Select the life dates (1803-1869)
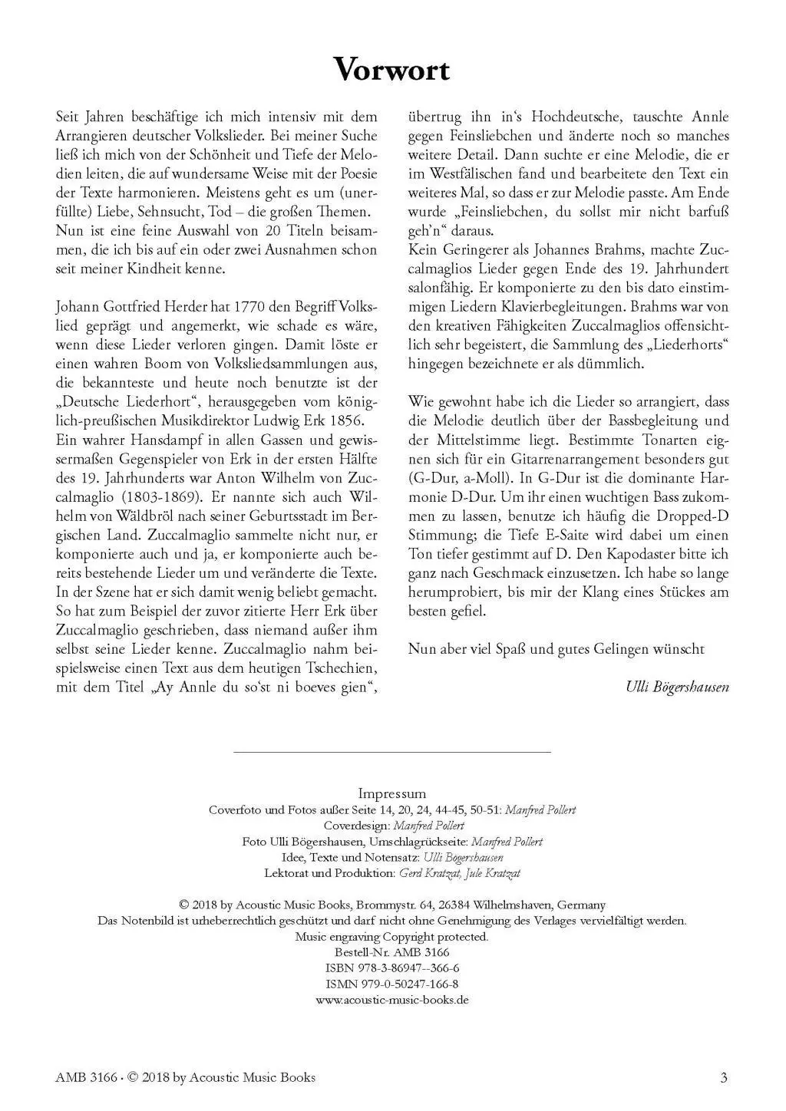point(156,496)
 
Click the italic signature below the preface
point(678,687)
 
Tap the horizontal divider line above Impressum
point(392,753)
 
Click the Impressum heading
point(392,793)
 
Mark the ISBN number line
point(392,968)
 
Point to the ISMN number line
point(392,984)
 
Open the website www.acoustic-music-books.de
point(392,1001)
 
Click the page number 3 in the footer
point(724,1078)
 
